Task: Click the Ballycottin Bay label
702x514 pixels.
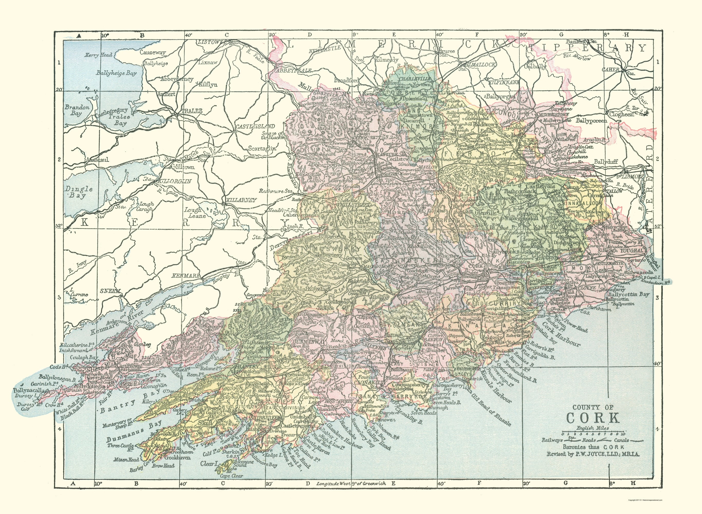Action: click(x=628, y=294)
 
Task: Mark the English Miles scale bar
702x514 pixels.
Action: click(x=593, y=433)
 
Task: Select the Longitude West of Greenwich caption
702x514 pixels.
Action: click(x=351, y=492)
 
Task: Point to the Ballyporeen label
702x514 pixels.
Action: click(x=591, y=121)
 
